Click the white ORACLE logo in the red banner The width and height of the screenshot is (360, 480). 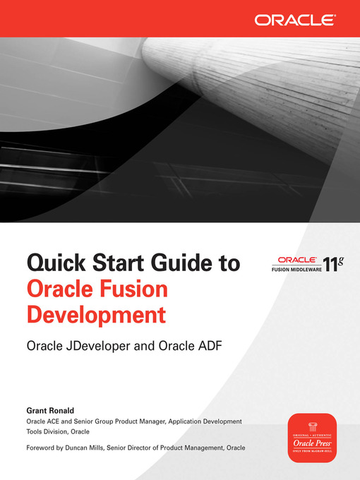pyautogui.click(x=294, y=19)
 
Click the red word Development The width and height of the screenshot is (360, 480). pyautogui.click(x=97, y=314)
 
